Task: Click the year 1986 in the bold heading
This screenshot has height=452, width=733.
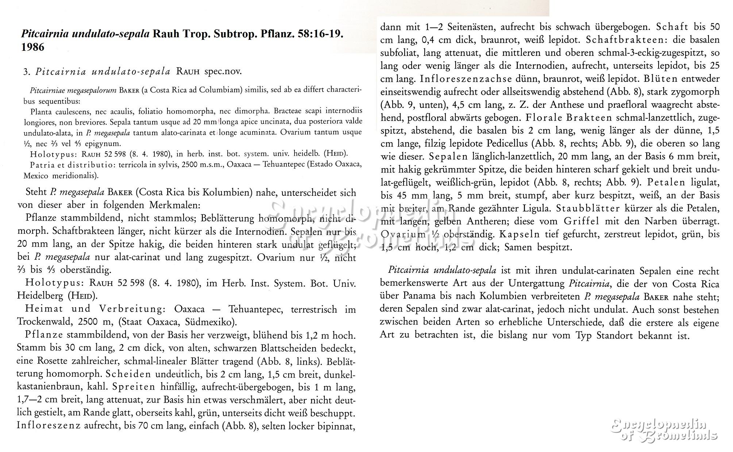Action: pyautogui.click(x=33, y=47)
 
